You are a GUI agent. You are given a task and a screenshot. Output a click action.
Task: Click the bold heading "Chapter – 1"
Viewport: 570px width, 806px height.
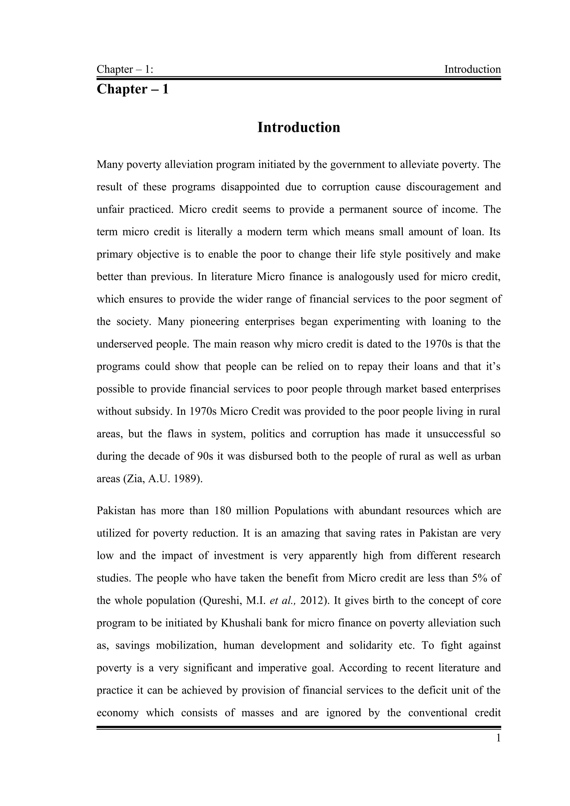click(x=132, y=89)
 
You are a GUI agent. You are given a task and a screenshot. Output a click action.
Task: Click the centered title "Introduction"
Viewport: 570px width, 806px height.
click(x=299, y=127)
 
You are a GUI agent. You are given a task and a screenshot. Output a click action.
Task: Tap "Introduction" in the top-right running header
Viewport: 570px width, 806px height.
click(x=472, y=69)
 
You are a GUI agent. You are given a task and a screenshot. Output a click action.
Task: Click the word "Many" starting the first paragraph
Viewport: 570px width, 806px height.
click(x=110, y=164)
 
